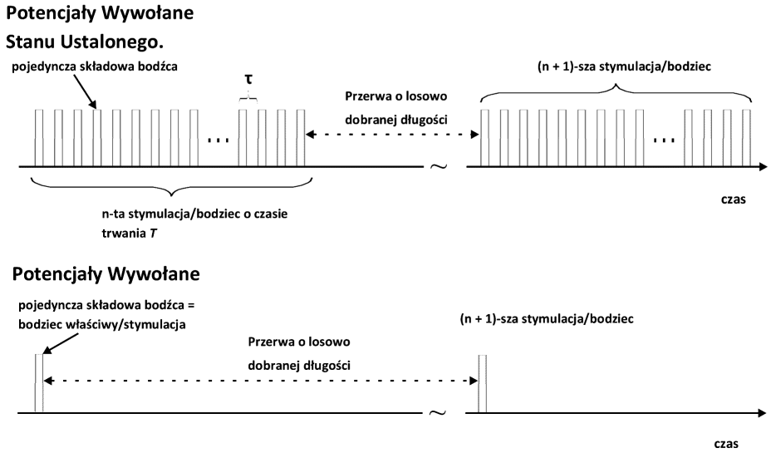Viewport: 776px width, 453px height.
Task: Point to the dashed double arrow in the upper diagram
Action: pos(391,134)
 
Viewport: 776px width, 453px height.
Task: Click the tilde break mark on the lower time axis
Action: pos(439,413)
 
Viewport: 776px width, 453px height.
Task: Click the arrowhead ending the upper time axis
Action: pos(762,168)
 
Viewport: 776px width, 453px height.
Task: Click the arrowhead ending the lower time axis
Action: pos(762,413)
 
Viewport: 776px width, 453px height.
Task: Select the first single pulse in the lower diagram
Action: pos(37,383)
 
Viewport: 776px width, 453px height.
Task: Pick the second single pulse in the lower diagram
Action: pos(483,383)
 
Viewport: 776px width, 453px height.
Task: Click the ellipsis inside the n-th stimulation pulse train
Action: pos(217,138)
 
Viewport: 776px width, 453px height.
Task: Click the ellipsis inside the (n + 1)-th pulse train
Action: pos(665,138)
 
